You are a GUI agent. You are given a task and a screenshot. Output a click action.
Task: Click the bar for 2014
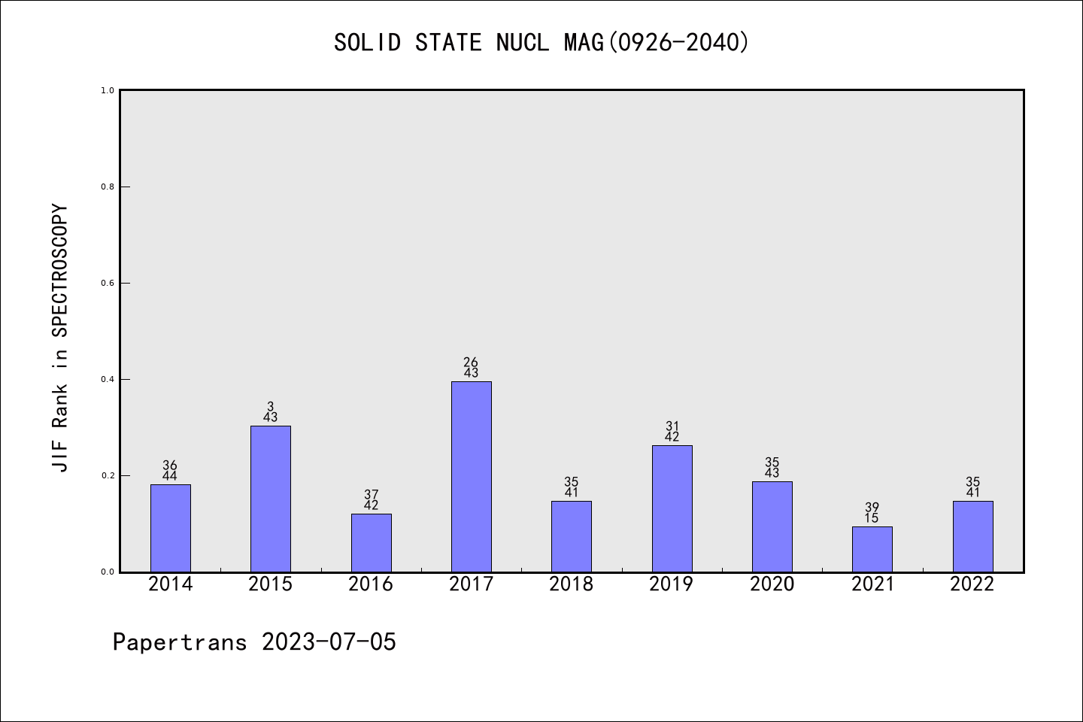(170, 528)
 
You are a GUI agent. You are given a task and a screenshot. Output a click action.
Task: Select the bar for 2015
(271, 499)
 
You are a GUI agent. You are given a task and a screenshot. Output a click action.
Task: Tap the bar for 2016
(371, 542)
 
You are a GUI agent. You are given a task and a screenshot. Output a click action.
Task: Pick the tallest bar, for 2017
(471, 476)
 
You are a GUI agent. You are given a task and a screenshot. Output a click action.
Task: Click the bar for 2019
(672, 508)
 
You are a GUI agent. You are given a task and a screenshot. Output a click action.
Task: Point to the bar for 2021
(872, 549)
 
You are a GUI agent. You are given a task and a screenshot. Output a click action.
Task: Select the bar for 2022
(972, 536)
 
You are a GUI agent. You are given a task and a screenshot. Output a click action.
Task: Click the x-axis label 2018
(571, 584)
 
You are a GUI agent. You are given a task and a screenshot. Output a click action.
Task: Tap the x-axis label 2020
(772, 584)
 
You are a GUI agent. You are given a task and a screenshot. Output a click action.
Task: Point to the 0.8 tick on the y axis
(108, 187)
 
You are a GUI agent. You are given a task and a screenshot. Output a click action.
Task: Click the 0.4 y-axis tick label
(108, 379)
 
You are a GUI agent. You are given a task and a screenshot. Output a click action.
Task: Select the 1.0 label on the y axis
(108, 90)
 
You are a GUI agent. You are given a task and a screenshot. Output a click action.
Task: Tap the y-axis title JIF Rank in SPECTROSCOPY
(60, 338)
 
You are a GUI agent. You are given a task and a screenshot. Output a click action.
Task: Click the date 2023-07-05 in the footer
(329, 642)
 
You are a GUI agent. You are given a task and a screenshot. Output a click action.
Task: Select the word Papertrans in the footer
(180, 642)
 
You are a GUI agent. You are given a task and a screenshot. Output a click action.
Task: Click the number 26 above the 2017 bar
(471, 363)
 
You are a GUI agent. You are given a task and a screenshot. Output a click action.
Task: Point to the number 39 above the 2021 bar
(872, 508)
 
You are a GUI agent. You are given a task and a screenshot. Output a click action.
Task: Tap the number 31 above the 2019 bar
(672, 426)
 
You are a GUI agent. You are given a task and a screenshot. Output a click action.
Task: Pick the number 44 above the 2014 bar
(170, 476)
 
